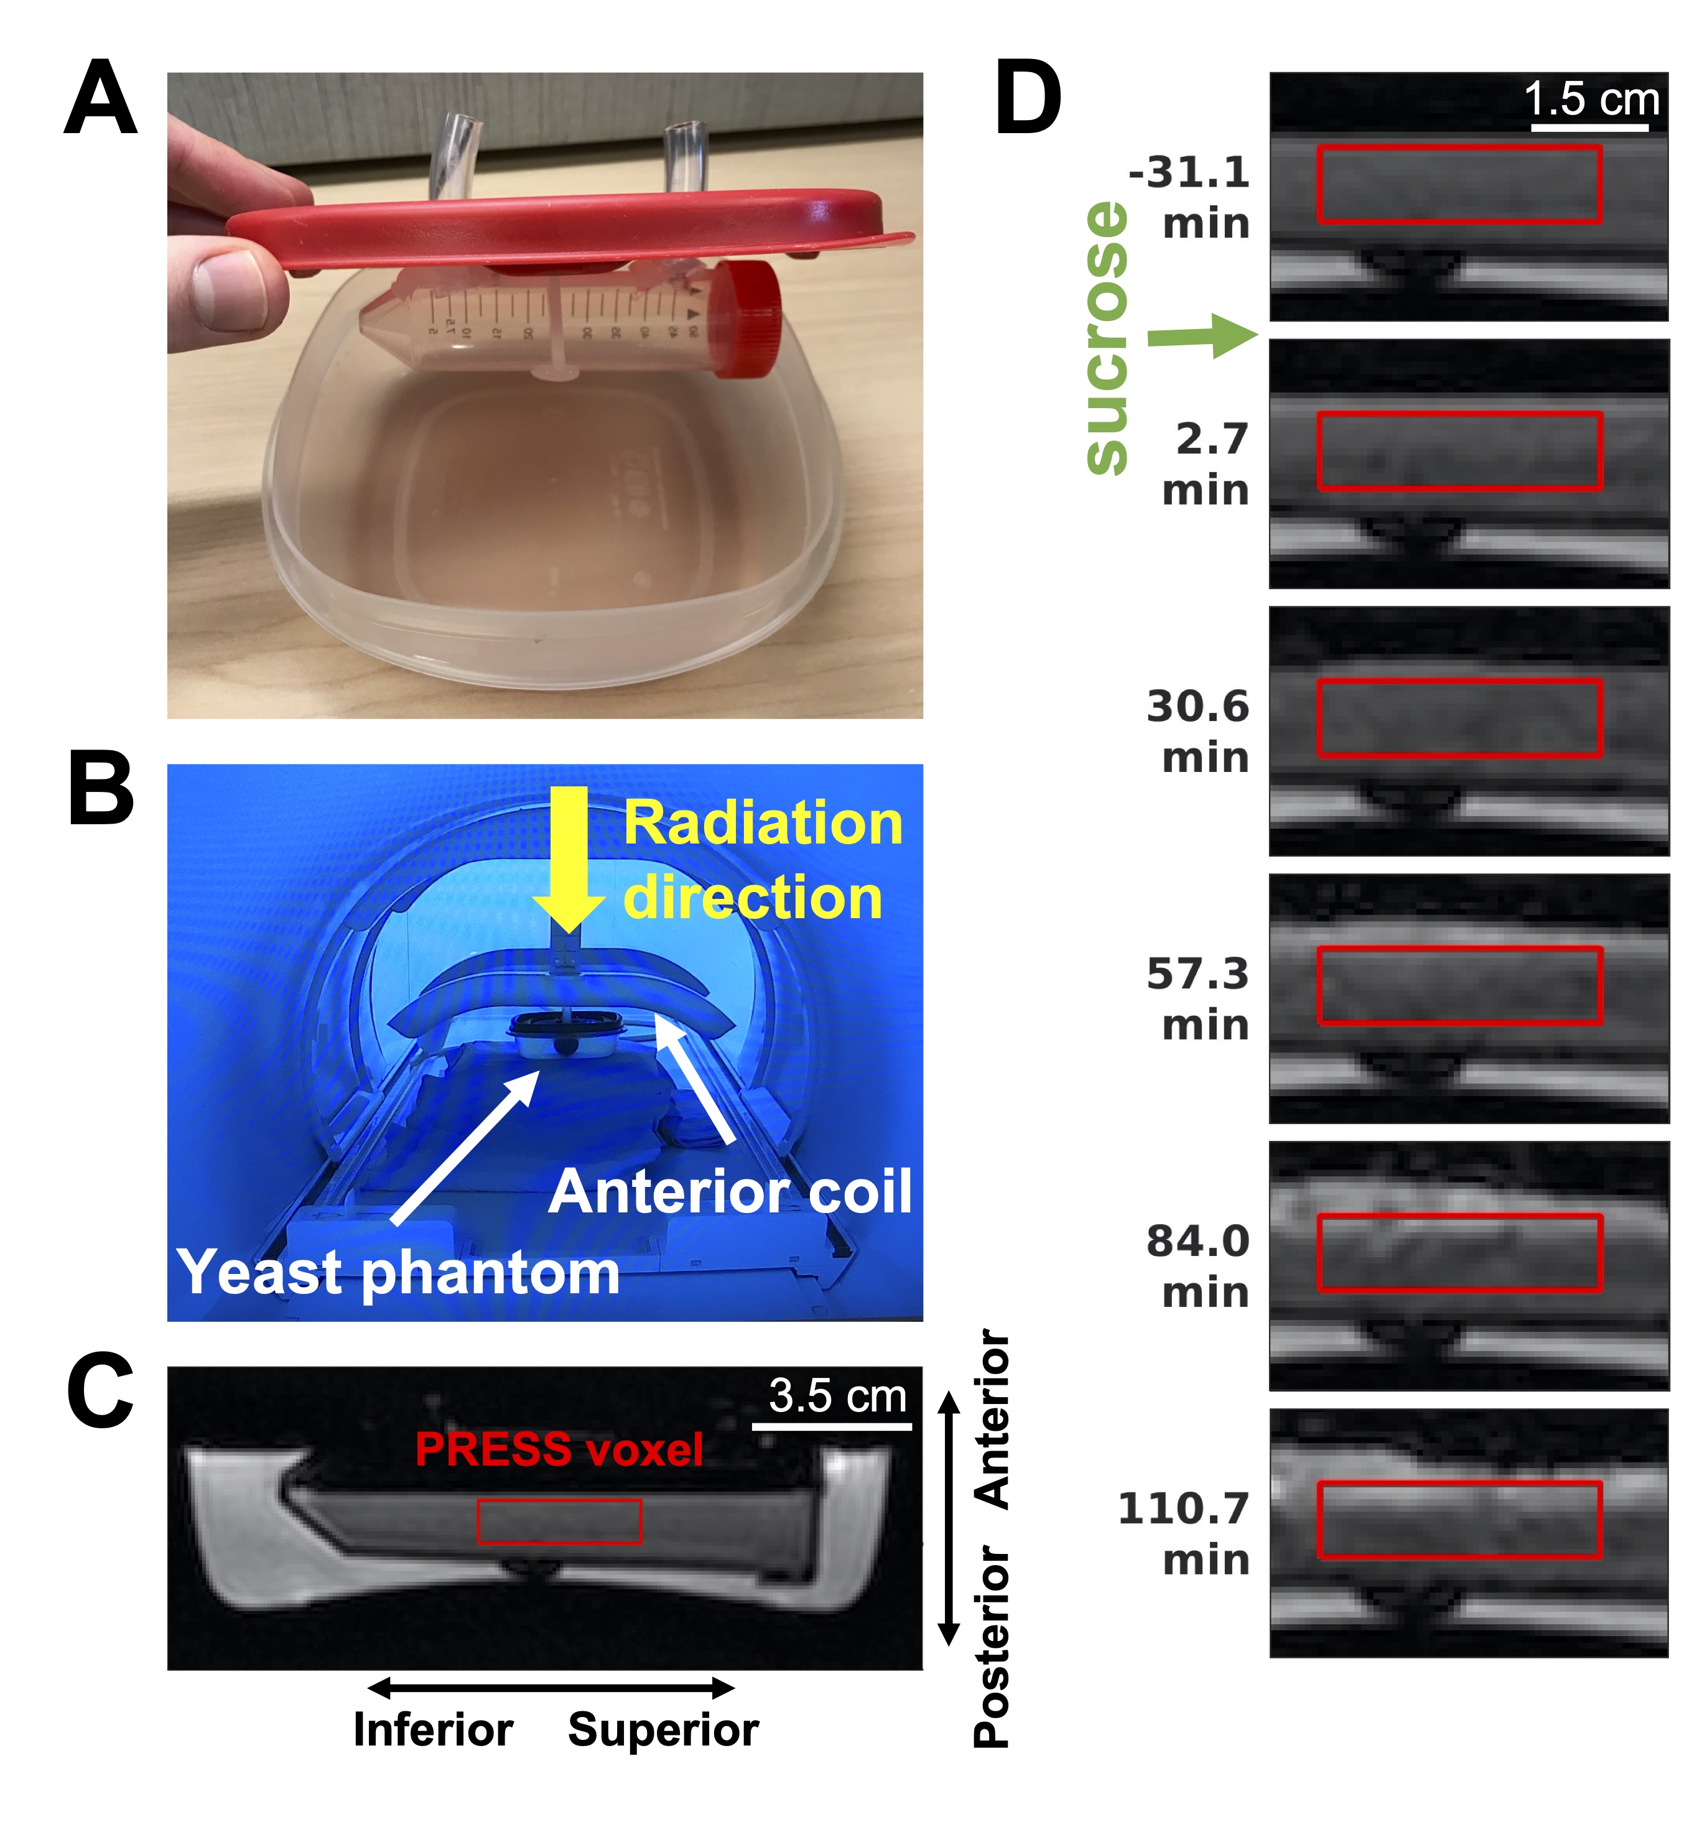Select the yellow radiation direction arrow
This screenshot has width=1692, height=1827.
(x=569, y=855)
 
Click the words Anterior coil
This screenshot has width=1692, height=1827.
(x=730, y=1191)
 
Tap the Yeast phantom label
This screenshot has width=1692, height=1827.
(x=398, y=1272)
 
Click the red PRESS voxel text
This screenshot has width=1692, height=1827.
(x=559, y=1449)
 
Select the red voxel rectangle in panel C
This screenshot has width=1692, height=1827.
(x=559, y=1521)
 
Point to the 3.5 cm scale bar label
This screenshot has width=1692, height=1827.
(x=837, y=1396)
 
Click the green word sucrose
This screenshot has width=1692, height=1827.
(x=1106, y=339)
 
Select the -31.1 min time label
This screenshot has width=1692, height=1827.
(x=1190, y=197)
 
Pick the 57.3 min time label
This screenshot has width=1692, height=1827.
(x=1197, y=999)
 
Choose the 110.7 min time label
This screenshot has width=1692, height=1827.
(x=1184, y=1534)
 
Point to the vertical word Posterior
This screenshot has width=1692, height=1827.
(x=992, y=1648)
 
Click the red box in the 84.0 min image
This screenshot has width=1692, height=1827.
(x=1459, y=1253)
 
